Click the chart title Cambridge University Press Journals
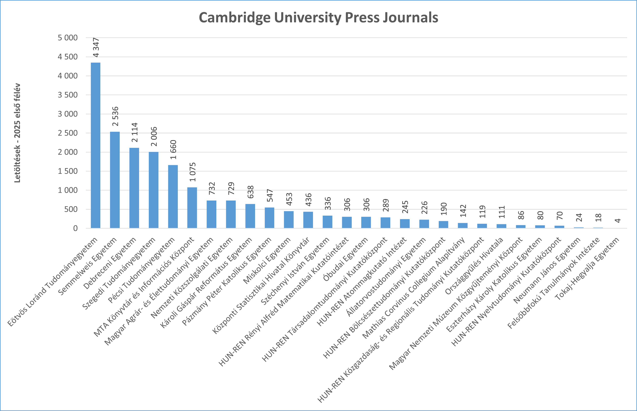[318, 18]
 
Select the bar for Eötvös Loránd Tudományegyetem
[95, 145]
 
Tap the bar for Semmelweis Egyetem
[115, 180]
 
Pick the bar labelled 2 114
[134, 188]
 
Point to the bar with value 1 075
[192, 208]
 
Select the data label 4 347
[96, 47]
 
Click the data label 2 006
[154, 136]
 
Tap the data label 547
[270, 195]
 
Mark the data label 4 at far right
[617, 220]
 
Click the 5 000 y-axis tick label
[68, 38]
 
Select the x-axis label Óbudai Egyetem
[346, 259]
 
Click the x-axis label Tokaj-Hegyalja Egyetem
[587, 268]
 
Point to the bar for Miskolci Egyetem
[289, 219]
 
